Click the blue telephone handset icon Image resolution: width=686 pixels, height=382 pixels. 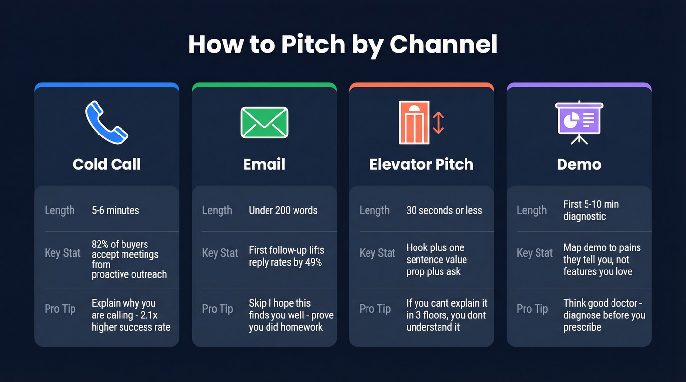click(106, 122)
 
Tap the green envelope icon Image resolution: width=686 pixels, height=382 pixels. click(264, 122)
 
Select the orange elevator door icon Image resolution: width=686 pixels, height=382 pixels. click(414, 123)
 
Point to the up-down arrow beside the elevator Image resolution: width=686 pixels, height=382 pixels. click(438, 123)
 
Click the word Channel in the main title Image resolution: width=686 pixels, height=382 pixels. click(443, 44)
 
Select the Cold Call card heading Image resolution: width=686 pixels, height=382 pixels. click(107, 164)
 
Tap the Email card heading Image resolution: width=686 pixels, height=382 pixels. click(264, 164)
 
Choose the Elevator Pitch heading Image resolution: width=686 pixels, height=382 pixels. click(421, 164)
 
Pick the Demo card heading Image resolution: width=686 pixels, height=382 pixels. click(579, 164)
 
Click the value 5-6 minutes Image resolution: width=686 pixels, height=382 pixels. click(115, 211)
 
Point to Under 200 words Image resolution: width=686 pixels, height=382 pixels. click(283, 211)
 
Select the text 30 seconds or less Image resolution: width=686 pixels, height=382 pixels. click(444, 211)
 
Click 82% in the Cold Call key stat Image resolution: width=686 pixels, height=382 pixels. click(100, 244)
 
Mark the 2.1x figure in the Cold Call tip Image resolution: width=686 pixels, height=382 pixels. click(149, 315)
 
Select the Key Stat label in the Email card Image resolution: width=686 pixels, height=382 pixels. click(220, 253)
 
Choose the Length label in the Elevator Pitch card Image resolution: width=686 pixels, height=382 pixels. click(374, 211)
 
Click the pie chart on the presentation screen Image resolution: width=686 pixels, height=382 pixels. click(570, 120)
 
